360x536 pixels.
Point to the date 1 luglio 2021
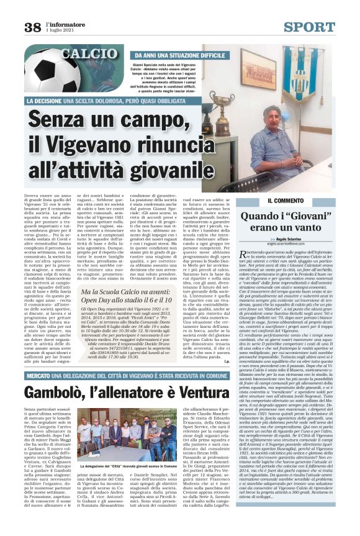click(x=60, y=30)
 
